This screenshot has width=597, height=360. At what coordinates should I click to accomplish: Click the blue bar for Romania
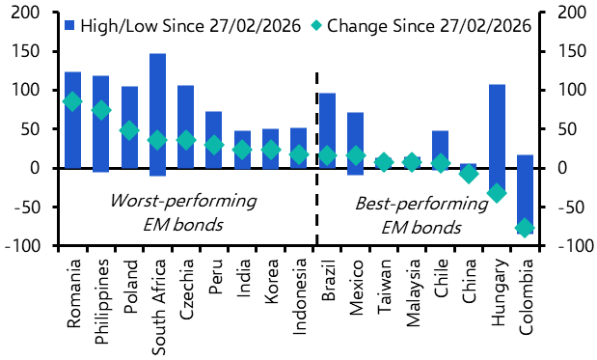(x=72, y=120)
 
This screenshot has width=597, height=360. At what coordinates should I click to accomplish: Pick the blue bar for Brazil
(x=327, y=130)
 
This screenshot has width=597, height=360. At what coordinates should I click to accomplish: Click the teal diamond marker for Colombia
(x=526, y=228)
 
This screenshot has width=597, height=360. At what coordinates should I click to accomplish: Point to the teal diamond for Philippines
(x=101, y=110)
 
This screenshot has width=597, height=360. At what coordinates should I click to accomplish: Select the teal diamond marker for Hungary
(x=498, y=193)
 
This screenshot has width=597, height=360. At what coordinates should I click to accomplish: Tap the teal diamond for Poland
(x=129, y=130)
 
